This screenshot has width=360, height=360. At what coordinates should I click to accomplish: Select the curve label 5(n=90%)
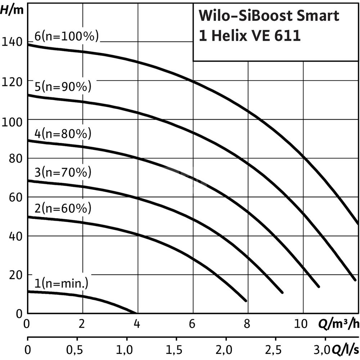click(63, 87)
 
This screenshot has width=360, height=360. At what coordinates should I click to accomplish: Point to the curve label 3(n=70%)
click(63, 172)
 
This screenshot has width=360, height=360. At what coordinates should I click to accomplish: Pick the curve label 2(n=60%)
click(63, 208)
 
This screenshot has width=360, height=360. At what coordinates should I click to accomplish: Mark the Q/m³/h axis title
click(338, 324)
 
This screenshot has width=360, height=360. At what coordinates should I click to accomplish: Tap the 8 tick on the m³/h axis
click(247, 324)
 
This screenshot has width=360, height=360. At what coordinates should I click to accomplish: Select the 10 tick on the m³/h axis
click(302, 324)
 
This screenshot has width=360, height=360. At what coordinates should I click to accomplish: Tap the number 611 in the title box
click(288, 36)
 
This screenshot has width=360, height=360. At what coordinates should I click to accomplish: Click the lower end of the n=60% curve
click(246, 300)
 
